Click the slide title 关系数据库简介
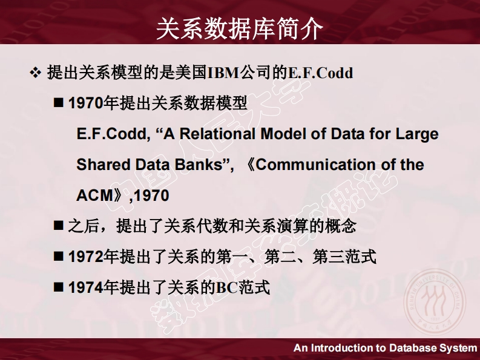coord(240,28)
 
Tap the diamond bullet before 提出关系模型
coord(36,73)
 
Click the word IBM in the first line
coord(223,73)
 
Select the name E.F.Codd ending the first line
coord(321,73)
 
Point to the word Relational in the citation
coord(217,134)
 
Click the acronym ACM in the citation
coord(95,195)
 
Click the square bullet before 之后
coord(59,226)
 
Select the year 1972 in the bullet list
coord(86,257)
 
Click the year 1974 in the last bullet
coord(86,287)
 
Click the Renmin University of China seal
coord(435,300)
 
